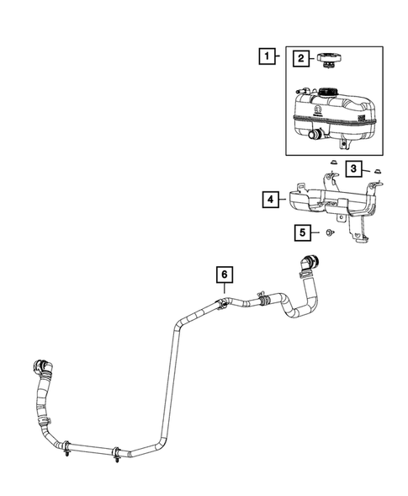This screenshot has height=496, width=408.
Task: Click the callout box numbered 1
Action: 268,57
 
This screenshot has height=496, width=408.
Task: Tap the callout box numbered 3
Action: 355,169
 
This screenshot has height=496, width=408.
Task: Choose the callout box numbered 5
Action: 299,231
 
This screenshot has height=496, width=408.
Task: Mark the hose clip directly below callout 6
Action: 222,303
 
